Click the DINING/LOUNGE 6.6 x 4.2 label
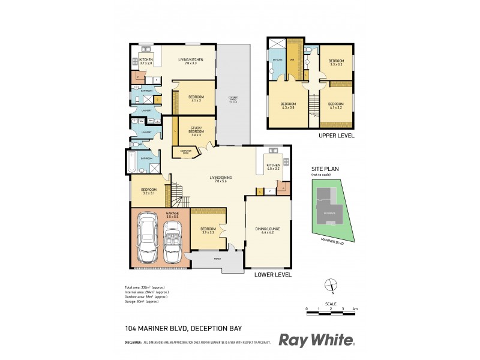[268, 230]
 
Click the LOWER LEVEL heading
[273, 275]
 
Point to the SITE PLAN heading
[324, 170]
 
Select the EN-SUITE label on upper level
[277, 61]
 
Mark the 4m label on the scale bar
[355, 308]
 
